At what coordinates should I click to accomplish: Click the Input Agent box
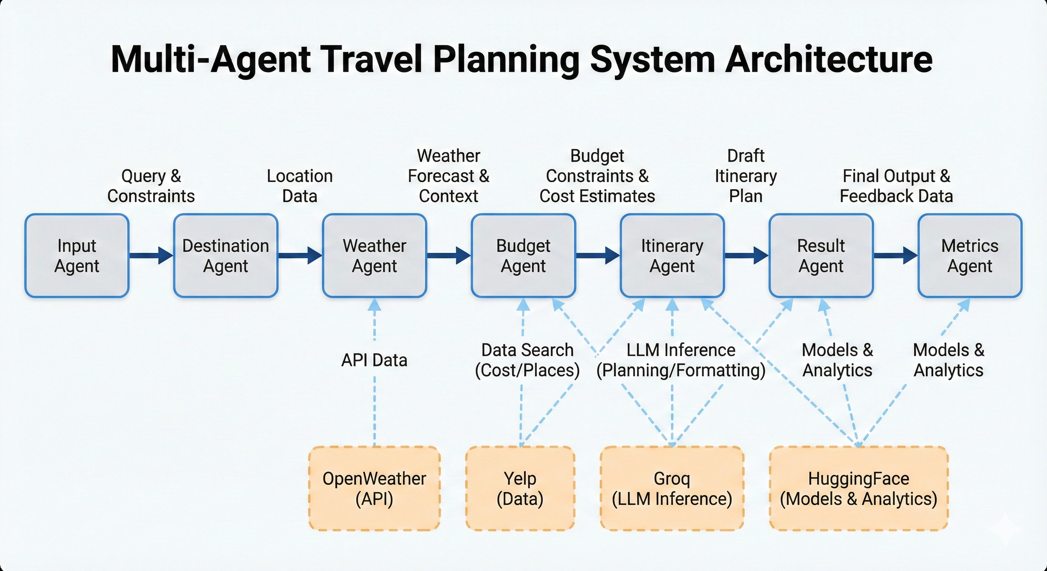77,256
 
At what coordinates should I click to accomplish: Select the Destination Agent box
226,256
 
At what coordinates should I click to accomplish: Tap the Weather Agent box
374,256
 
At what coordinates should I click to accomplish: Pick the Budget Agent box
523,256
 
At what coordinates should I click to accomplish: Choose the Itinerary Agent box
672,256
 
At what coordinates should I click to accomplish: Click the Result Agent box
821,256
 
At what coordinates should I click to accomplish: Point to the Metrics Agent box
970,256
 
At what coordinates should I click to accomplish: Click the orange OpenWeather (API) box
374,488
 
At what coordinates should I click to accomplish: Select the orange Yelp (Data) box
520,488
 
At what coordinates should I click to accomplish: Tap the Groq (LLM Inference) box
672,488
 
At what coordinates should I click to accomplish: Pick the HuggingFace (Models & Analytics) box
858,488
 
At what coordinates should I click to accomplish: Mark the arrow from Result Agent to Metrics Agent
895,256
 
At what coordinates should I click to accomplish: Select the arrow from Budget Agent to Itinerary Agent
597,256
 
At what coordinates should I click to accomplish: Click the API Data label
374,360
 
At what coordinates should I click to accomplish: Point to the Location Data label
300,186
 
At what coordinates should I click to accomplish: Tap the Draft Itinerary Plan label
746,175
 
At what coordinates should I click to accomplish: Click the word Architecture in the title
829,59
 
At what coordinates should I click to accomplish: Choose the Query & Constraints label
151,186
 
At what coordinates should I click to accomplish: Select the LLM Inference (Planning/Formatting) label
681,360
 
